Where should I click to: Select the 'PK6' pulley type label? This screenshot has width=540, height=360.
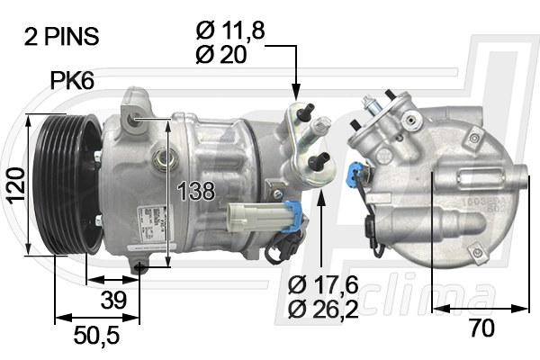point(71,82)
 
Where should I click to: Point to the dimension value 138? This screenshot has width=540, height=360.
point(195,191)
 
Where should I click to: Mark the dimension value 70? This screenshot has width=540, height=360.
point(481,329)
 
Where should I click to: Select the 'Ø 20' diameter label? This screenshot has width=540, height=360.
point(220,55)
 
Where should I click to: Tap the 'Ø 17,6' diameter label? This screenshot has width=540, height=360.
point(323,285)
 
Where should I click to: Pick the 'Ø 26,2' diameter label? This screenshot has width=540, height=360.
point(323,310)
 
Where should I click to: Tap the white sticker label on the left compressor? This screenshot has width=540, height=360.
point(148,221)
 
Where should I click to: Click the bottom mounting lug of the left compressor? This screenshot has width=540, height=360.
point(140,266)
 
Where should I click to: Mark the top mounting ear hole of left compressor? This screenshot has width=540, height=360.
point(134,117)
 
